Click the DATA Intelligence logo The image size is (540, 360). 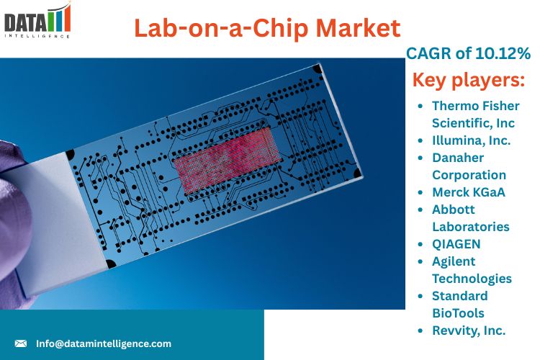(37, 20)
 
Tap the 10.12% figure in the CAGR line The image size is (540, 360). (503, 53)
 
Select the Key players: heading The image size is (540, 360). (469, 80)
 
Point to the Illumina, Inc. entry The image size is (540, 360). (471, 140)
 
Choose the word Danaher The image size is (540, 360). (458, 158)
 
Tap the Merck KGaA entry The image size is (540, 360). (469, 192)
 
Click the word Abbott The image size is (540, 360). (453, 210)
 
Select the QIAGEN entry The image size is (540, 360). (456, 244)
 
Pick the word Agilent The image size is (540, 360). (454, 261)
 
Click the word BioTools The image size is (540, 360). (458, 313)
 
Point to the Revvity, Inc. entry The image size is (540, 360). (469, 330)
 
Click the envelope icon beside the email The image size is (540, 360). (21, 343)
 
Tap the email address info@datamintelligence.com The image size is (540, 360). (103, 344)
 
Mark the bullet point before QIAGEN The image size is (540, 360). (420, 244)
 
